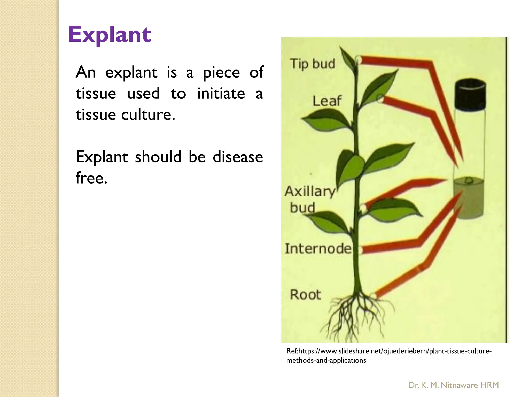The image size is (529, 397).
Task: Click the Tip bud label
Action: pyautogui.click(x=313, y=64)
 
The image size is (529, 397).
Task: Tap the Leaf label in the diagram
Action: pyautogui.click(x=327, y=101)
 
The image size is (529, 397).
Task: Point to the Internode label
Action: pyautogui.click(x=318, y=249)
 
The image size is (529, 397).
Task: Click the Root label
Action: pyautogui.click(x=305, y=295)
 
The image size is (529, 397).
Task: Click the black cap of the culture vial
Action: pyautogui.click(x=470, y=95)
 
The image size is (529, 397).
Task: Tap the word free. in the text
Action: pyautogui.click(x=91, y=178)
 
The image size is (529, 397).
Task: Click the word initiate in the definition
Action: pyautogui.click(x=221, y=94)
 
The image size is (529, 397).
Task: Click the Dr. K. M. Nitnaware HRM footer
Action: pyautogui.click(x=453, y=385)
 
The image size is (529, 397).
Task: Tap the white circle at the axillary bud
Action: pyautogui.click(x=363, y=208)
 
